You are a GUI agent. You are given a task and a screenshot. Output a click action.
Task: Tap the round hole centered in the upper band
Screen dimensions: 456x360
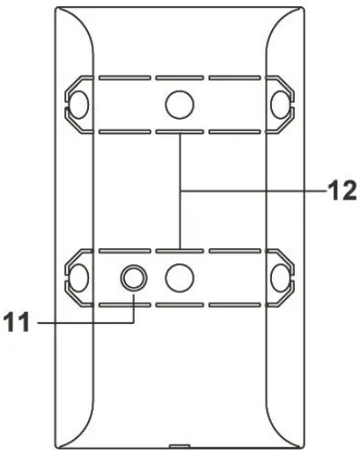tap(180, 105)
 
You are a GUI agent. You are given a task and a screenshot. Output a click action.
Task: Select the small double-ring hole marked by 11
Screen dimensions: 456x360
tap(134, 278)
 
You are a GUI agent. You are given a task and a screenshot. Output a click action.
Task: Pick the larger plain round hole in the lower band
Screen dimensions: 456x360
tap(180, 278)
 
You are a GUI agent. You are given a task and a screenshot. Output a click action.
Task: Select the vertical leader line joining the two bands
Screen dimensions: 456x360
tap(180, 190)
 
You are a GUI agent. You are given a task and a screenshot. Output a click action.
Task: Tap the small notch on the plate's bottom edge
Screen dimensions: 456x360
tap(180, 446)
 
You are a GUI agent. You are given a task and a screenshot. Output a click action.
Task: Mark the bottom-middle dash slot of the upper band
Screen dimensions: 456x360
tap(180, 131)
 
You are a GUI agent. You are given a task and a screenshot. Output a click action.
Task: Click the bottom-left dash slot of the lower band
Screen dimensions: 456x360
tap(125, 305)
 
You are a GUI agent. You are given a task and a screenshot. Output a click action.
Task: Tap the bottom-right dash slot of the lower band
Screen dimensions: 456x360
tap(233, 305)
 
